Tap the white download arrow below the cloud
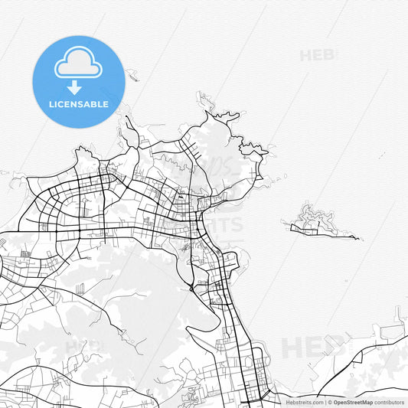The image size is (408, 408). [74, 87]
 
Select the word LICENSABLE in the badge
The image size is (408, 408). [77, 104]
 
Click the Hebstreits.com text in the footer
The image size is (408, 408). [305, 402]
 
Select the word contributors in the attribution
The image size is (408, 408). [390, 402]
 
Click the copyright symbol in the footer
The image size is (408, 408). [331, 402]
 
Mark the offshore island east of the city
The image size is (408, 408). [314, 221]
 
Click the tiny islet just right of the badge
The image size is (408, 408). [133, 75]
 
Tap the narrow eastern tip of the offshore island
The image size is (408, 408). [354, 238]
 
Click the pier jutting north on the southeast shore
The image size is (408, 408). [397, 314]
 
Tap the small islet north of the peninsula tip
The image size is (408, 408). [201, 97]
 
